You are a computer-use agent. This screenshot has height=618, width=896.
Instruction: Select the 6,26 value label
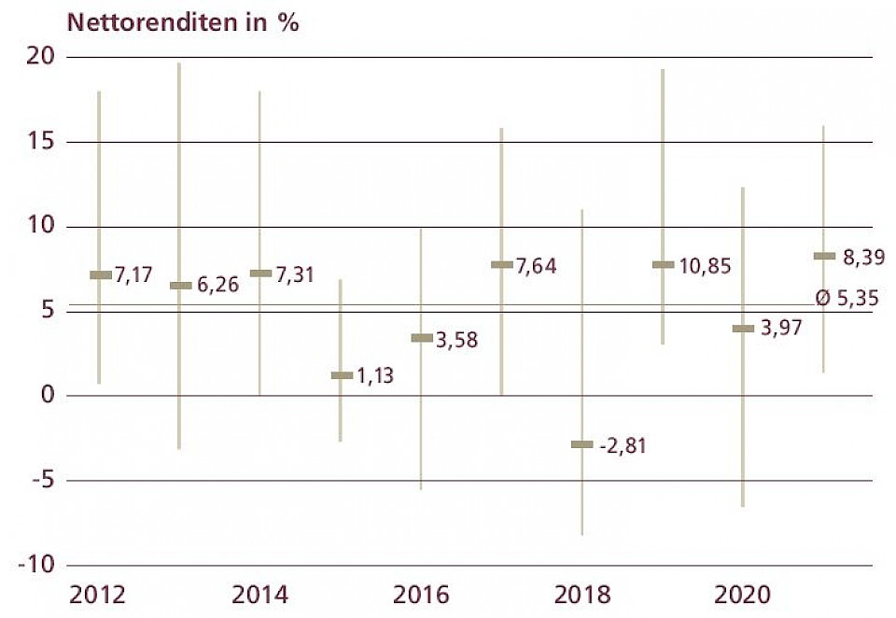click(217, 286)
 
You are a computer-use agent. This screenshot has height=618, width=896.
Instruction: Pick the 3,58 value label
click(456, 339)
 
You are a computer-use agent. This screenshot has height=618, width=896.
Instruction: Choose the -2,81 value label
click(622, 445)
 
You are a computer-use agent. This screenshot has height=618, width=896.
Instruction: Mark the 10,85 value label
click(705, 266)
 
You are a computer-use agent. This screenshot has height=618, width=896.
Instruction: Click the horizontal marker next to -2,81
click(581, 444)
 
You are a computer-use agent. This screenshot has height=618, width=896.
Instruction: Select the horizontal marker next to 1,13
click(342, 375)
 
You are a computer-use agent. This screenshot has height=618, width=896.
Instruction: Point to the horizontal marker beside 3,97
click(743, 329)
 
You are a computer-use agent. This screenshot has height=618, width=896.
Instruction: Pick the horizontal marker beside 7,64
click(501, 265)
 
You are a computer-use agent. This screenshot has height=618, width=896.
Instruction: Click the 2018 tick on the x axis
click(582, 595)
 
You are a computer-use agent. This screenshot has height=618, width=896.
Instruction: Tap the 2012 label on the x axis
click(99, 595)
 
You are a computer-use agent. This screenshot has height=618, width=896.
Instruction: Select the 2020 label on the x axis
click(743, 595)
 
